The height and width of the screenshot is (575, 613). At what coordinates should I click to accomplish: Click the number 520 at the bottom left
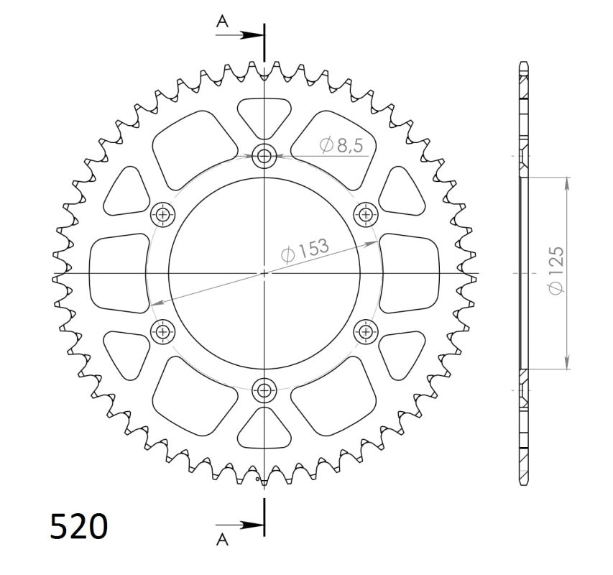click(x=79, y=526)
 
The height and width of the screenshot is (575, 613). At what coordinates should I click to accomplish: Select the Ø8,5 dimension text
click(x=342, y=145)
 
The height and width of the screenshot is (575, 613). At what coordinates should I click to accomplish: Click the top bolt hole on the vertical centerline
click(x=264, y=155)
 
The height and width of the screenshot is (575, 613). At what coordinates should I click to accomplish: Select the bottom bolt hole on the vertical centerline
click(x=264, y=391)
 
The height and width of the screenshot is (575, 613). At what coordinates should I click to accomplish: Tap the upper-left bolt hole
click(x=163, y=213)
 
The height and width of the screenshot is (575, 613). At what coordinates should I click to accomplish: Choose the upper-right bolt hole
click(x=367, y=213)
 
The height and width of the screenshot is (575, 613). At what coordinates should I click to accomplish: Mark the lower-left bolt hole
click(x=163, y=331)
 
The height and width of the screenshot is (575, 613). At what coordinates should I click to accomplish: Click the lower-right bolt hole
click(x=367, y=331)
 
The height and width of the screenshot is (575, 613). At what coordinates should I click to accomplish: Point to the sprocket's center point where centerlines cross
click(x=264, y=273)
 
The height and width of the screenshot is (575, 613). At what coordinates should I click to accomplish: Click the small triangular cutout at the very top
click(x=264, y=115)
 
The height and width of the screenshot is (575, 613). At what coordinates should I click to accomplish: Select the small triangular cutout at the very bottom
click(x=264, y=430)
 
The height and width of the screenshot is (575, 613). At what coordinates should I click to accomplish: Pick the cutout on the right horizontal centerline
click(x=408, y=273)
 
